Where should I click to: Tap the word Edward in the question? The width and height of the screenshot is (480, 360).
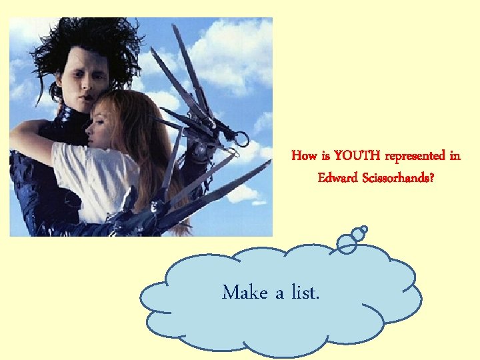click(337, 179)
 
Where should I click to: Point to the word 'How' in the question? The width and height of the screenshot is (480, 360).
click(304, 156)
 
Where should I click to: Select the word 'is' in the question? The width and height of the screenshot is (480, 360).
click(325, 156)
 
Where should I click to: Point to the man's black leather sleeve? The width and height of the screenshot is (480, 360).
click(33, 193)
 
